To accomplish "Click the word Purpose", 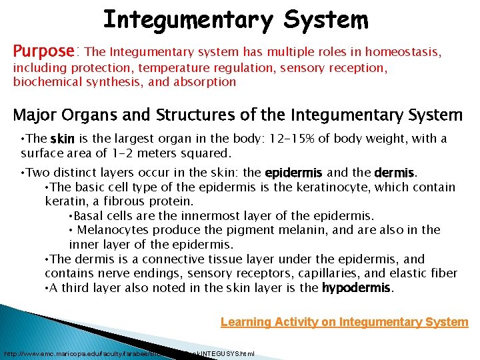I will (x=44, y=51).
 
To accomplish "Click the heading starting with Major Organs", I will (x=237, y=115).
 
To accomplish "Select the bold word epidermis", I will (x=294, y=173).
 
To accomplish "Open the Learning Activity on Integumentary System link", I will (x=344, y=323).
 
